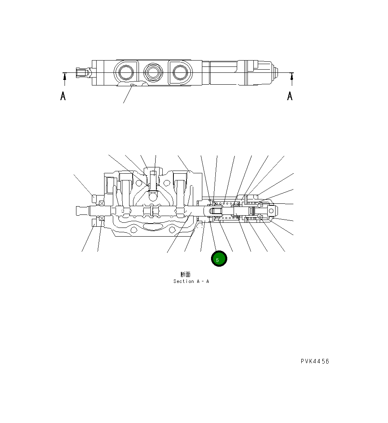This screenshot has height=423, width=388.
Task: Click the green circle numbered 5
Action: tap(219, 259)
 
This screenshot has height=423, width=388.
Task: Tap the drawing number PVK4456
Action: tap(314, 361)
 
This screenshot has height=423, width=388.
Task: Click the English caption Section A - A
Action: tap(191, 281)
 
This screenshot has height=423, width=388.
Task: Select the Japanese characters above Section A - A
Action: tap(185, 274)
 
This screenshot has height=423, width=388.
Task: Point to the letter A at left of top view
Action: tap(63, 96)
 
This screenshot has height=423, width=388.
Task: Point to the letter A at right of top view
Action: tap(290, 96)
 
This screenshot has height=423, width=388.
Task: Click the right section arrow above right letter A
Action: tap(292, 79)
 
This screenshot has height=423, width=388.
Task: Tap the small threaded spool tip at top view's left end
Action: tap(82, 73)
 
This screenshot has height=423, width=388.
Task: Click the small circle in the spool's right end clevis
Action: tap(271, 210)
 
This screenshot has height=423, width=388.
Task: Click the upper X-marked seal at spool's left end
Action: tap(102, 203)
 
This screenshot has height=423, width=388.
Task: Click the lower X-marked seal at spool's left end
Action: tap(102, 219)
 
